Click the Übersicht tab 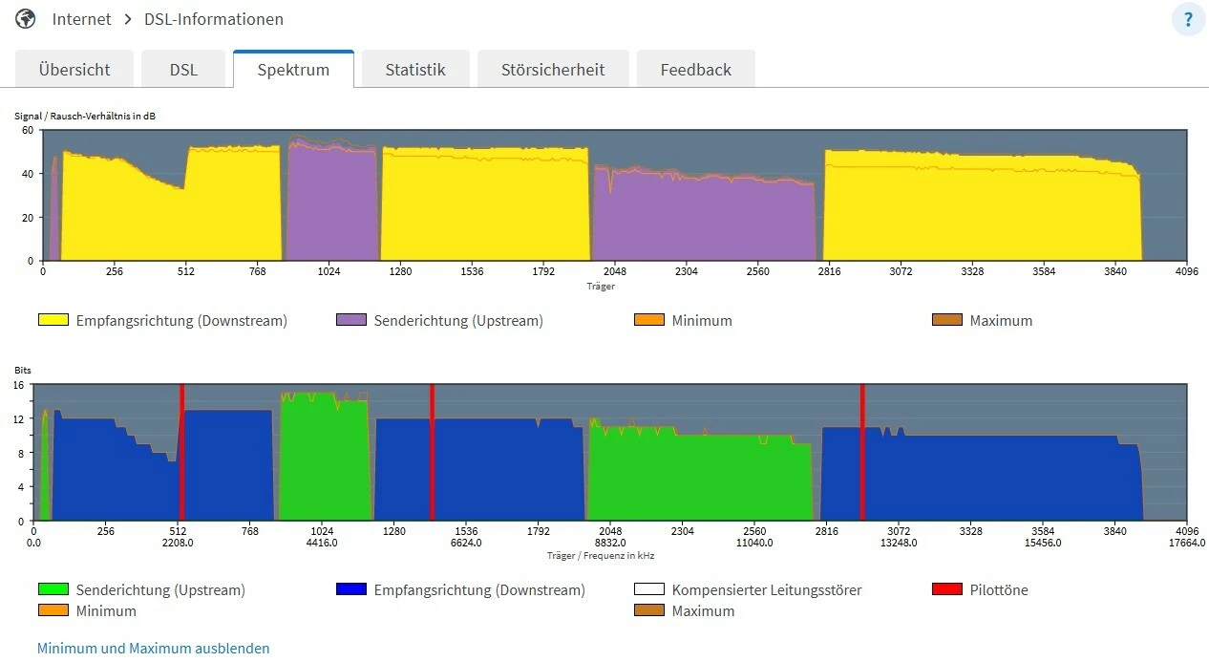tap(74, 70)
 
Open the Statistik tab tap(415, 70)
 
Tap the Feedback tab tap(695, 70)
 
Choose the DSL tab tap(183, 70)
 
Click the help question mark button tap(1188, 20)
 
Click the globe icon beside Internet tap(26, 19)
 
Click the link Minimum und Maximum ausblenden tap(154, 649)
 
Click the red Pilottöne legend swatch tap(946, 589)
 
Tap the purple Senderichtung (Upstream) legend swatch tap(350, 320)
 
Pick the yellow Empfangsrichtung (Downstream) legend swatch tap(53, 320)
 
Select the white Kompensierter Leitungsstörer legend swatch tap(648, 589)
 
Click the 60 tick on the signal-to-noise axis tap(28, 130)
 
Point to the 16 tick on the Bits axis tap(18, 385)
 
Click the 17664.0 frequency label tap(1187, 543)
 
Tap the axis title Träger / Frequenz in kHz tap(601, 555)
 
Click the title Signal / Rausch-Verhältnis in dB tap(85, 116)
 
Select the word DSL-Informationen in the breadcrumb tap(213, 19)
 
